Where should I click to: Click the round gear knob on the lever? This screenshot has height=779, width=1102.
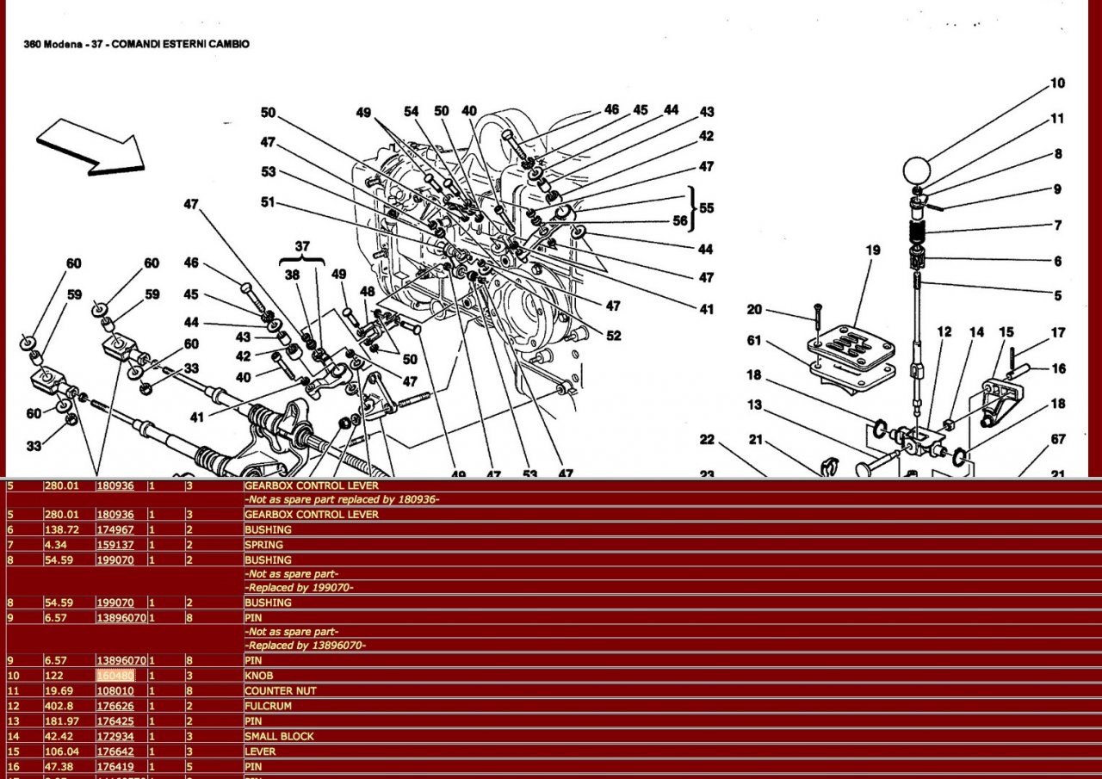click(918, 170)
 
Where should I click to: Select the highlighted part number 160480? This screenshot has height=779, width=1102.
click(115, 676)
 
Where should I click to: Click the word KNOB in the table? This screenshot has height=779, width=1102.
click(259, 676)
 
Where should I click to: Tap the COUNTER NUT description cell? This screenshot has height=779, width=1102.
click(281, 690)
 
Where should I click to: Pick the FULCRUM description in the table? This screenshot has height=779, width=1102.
click(268, 706)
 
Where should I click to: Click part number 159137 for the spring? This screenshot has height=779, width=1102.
click(115, 544)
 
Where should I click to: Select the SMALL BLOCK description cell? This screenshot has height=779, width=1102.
click(279, 736)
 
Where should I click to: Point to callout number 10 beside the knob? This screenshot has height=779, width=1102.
click(1057, 83)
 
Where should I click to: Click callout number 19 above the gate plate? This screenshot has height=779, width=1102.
click(873, 250)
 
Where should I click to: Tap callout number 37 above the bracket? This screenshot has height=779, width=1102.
click(301, 246)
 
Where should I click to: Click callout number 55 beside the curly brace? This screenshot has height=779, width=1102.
click(707, 207)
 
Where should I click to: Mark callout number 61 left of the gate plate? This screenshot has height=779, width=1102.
click(754, 342)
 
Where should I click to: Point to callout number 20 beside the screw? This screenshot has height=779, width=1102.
click(754, 310)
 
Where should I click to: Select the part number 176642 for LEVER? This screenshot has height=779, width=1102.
click(115, 751)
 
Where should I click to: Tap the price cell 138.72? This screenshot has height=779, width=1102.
click(61, 529)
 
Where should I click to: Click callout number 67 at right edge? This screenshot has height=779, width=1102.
click(1058, 440)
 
